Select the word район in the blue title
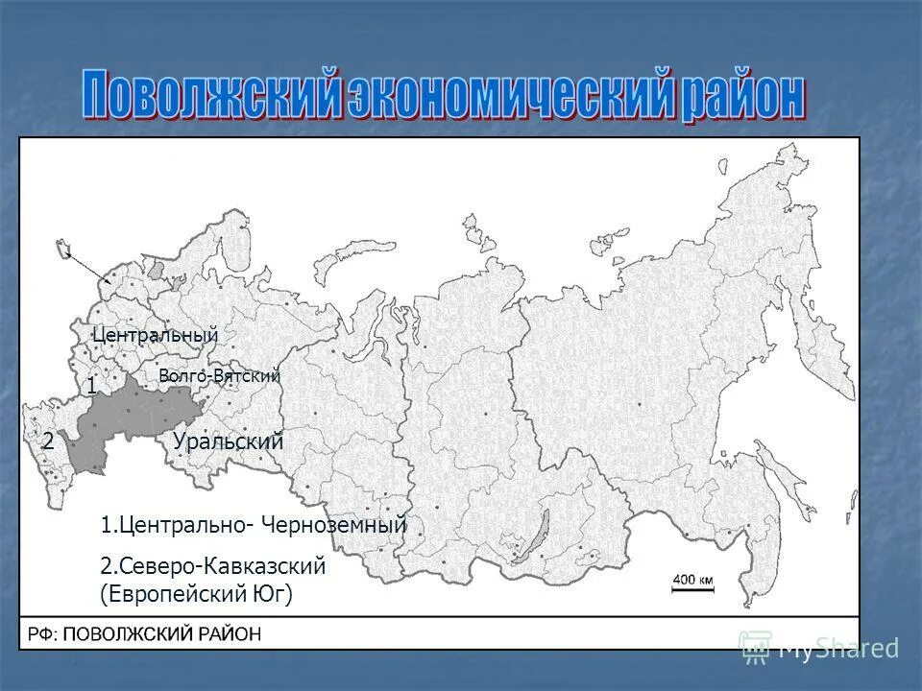tap(743, 96)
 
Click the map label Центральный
tap(156, 335)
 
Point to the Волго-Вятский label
tap(219, 376)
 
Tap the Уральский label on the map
tap(229, 442)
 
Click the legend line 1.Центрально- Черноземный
tap(254, 525)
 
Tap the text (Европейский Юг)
tap(196, 595)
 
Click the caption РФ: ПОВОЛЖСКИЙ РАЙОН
tap(144, 634)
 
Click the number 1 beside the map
tap(91, 387)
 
